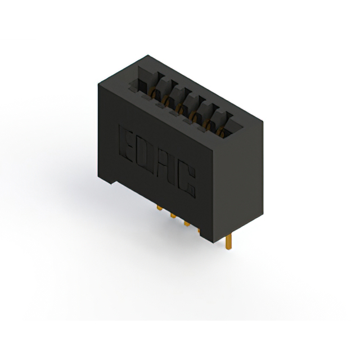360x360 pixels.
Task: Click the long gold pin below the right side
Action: tap(228, 242)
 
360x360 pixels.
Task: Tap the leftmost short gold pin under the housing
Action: tap(159, 208)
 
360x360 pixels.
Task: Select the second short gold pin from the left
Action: tap(173, 215)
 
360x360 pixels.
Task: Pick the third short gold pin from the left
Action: tap(187, 223)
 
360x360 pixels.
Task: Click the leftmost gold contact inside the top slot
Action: tap(152, 91)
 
